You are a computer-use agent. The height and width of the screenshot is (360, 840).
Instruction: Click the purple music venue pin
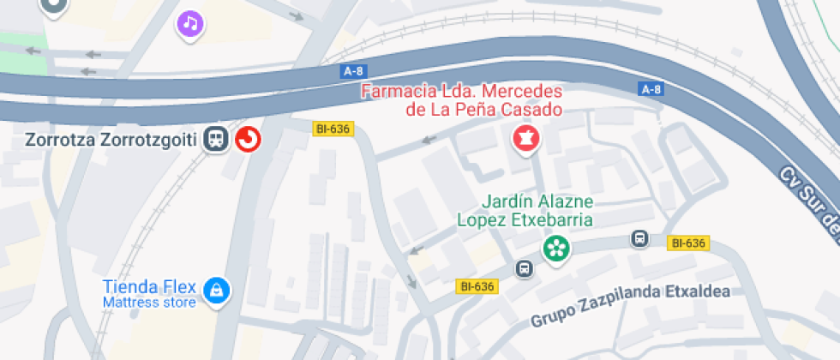(190, 23)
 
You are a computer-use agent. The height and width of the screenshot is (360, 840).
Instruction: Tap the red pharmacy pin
(525, 138)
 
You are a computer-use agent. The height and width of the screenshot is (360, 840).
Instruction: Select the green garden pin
(557, 249)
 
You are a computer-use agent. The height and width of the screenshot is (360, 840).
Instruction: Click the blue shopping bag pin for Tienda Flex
(218, 289)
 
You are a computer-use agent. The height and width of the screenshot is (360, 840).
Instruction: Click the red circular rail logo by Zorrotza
(247, 139)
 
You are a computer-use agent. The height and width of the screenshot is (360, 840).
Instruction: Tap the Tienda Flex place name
(150, 286)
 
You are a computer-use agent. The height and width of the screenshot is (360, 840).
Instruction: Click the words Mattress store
(149, 302)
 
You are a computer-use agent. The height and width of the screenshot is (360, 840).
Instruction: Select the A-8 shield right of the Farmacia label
(651, 89)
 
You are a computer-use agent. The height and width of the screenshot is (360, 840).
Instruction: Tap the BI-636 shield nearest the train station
(333, 129)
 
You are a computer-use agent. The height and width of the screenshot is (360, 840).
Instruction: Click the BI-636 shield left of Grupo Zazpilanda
(476, 286)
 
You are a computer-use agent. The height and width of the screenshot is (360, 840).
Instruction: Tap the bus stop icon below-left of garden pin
(523, 269)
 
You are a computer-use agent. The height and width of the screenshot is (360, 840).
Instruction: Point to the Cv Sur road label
(809, 202)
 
